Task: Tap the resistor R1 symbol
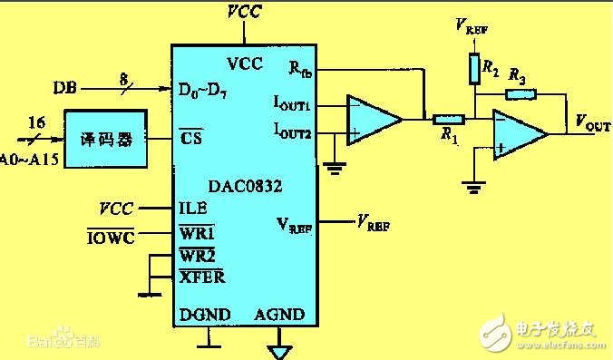[x=448, y=119]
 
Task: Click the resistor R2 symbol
[x=473, y=67]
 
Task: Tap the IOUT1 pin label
[x=292, y=106]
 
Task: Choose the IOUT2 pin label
[x=292, y=131]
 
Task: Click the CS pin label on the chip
[x=191, y=139]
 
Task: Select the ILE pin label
[x=192, y=207]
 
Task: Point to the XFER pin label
[x=201, y=276]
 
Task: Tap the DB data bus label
[x=64, y=89]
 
